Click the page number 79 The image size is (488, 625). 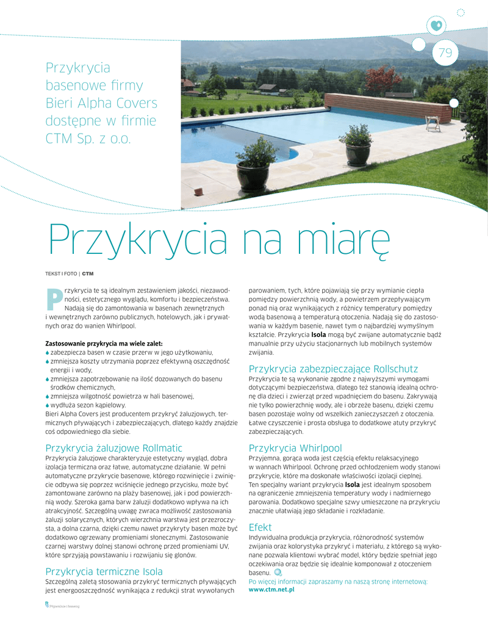(445, 53)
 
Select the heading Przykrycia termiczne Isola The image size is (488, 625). (104, 571)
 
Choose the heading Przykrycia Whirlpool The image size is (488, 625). (295, 447)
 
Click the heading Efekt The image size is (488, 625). (260, 527)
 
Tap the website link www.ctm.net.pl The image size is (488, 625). (271, 590)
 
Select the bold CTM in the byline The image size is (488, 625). (87, 272)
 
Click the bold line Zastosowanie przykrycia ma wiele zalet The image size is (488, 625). (104, 343)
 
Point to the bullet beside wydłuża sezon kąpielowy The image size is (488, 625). (48, 405)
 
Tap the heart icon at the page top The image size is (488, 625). (436, 25)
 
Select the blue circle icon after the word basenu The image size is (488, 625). (277, 573)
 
